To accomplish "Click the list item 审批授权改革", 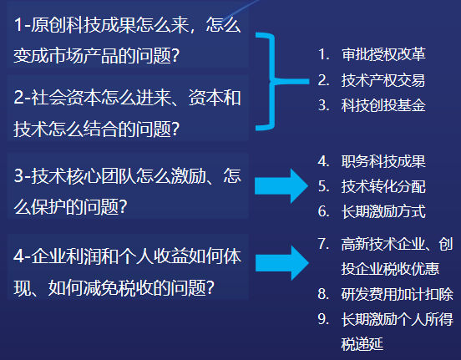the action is (383, 54).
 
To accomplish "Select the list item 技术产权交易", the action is (383, 80).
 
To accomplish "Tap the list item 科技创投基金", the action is (383, 105).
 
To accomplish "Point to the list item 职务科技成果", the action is (383, 161).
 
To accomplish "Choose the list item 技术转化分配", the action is (383, 186).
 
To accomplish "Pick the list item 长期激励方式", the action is (383, 211).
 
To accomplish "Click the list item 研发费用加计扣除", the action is (397, 294).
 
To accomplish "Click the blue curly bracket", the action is (272, 82).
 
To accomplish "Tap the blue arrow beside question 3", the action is (281, 186).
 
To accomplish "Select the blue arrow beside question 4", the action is (281, 263).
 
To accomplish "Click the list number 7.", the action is (323, 244).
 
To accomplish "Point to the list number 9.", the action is (323, 319).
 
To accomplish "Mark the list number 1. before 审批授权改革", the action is (323, 54).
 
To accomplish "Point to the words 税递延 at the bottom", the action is (362, 344).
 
